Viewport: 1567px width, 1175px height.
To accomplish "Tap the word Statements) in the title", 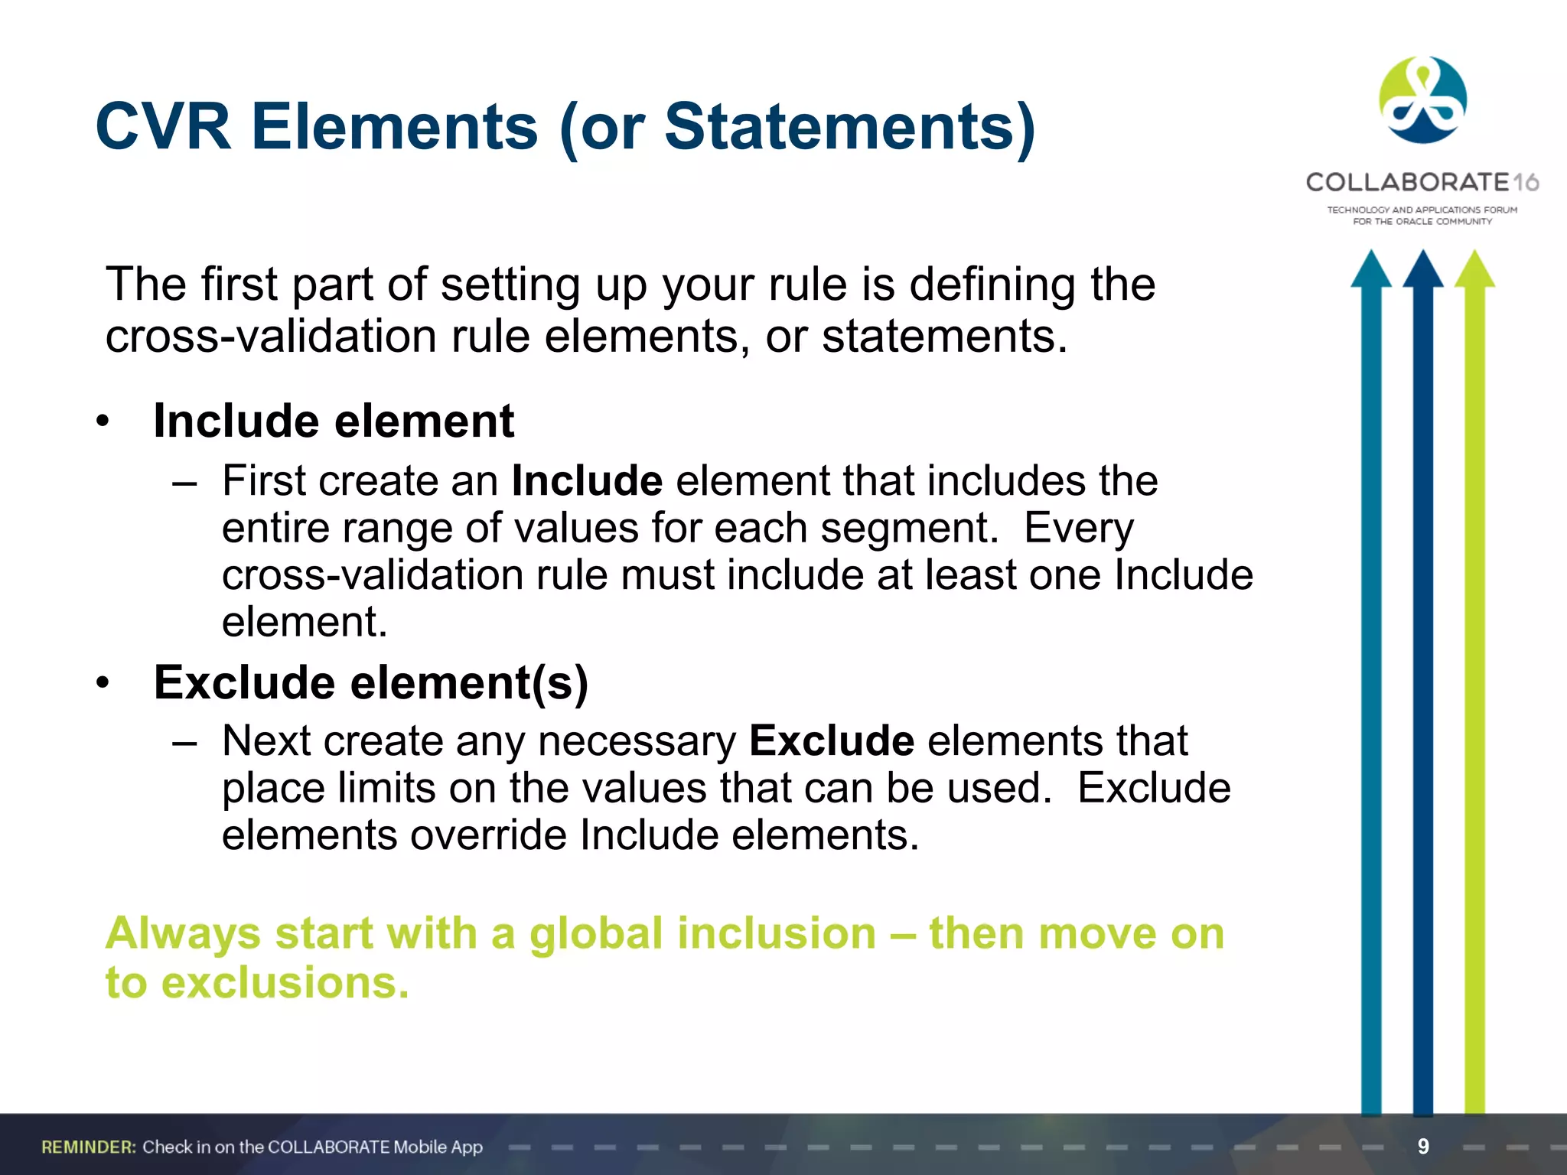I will [849, 128].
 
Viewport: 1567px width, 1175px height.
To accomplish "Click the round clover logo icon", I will [1422, 100].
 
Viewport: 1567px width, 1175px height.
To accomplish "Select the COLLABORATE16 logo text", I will [1422, 182].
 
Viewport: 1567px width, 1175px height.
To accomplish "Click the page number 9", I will [1423, 1146].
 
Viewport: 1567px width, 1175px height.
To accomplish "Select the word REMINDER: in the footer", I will [89, 1147].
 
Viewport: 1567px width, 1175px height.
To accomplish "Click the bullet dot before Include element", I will [103, 422].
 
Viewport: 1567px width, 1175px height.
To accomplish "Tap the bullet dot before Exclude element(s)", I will [103, 682].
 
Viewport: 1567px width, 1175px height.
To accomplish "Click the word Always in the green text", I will [184, 934].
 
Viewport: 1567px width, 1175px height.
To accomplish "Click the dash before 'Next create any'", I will [184, 741].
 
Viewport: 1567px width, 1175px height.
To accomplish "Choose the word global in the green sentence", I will [596, 934].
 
